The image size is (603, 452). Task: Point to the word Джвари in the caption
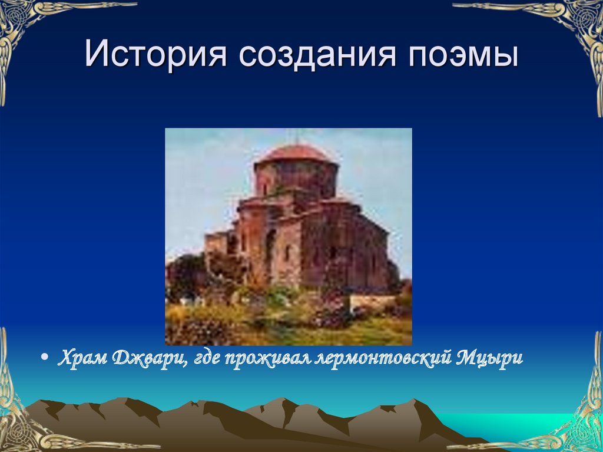point(151,359)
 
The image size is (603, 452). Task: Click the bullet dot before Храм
point(45,359)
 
